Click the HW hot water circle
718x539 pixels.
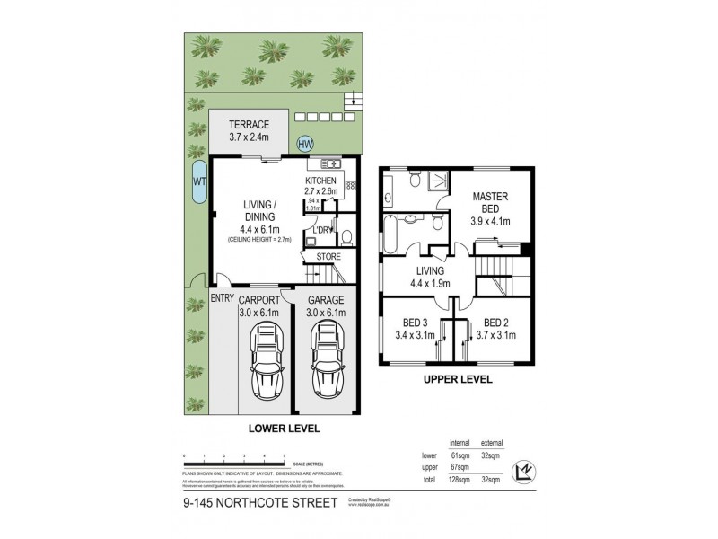coord(305,144)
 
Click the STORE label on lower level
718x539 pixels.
coord(329,257)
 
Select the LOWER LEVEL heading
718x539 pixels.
coord(284,429)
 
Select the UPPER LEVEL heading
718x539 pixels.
coord(457,380)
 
